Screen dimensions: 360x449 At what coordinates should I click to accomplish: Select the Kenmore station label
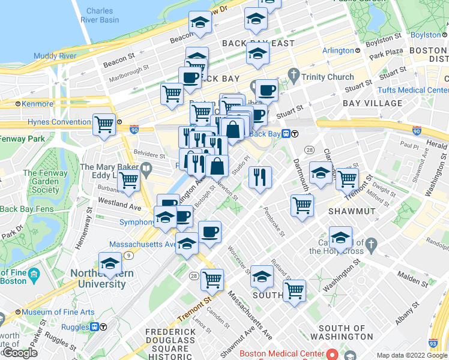(x=37, y=103)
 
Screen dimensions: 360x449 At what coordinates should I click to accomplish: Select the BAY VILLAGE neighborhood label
(x=372, y=103)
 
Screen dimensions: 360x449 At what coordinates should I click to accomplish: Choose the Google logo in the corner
(x=20, y=353)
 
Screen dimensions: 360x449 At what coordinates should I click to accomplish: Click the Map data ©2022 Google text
(x=412, y=355)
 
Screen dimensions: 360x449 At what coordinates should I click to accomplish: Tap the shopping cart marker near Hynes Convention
(x=104, y=125)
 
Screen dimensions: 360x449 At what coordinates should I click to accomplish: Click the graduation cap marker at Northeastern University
(x=110, y=263)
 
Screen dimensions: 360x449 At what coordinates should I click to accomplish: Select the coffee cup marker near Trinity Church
(x=267, y=91)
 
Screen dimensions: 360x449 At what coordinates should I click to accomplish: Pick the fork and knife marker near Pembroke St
(x=260, y=176)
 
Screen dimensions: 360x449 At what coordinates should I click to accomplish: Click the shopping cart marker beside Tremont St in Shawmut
(x=347, y=179)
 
